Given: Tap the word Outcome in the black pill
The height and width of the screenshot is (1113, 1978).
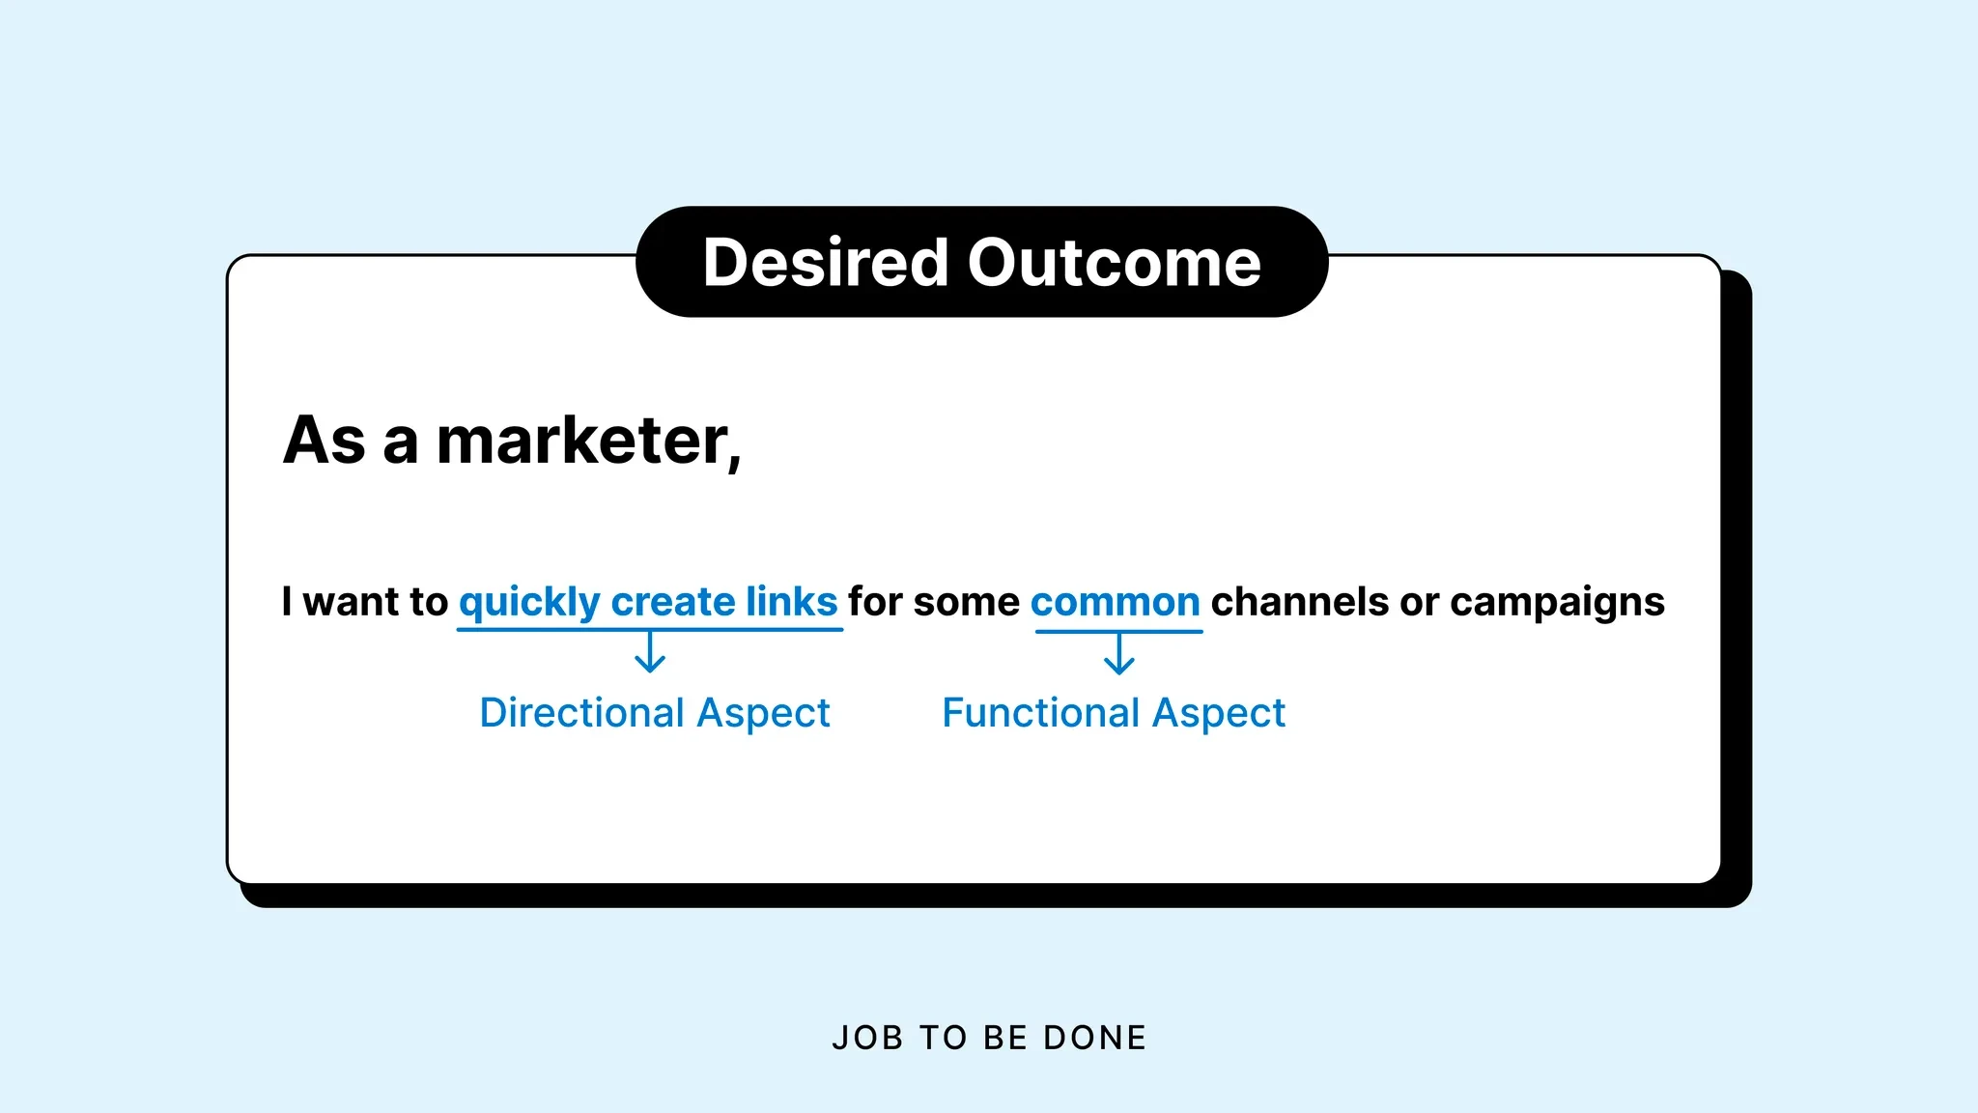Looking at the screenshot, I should (1115, 263).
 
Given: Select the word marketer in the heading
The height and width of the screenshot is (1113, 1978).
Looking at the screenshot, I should (588, 441).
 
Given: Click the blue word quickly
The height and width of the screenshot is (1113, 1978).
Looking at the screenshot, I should (529, 603).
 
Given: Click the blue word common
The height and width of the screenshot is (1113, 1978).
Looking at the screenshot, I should (1115, 602).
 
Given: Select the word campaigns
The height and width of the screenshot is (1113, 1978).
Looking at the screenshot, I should (1557, 603).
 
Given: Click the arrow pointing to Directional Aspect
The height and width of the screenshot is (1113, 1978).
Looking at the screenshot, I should (650, 652).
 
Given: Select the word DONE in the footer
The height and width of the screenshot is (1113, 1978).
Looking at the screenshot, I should (1095, 1038).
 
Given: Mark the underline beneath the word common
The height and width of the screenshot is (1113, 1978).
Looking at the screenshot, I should (1118, 632).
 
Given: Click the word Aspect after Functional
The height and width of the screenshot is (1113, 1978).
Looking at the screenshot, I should (1219, 714).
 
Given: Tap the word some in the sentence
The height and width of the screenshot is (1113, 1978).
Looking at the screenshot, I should (966, 602).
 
